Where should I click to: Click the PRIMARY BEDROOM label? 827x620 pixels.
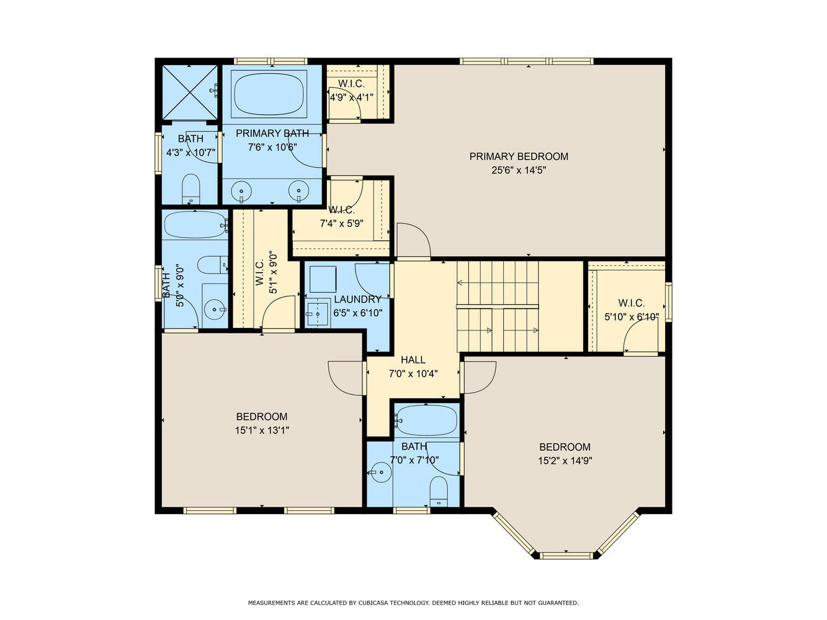point(519,156)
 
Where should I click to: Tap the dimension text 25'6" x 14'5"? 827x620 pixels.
point(519,170)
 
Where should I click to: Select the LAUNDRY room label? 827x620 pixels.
point(357,299)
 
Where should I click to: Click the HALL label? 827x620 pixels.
point(413,360)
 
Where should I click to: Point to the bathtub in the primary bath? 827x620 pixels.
point(269,94)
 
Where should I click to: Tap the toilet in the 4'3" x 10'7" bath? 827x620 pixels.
point(190,189)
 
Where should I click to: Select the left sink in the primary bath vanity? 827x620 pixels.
point(241,191)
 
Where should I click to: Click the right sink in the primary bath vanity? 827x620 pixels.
point(299,191)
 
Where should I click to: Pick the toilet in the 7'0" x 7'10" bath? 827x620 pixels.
point(438,492)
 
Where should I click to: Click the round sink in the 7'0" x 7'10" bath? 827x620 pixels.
point(380,472)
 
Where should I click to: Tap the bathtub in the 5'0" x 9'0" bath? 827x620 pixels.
point(195,224)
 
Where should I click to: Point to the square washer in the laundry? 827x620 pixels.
point(323,279)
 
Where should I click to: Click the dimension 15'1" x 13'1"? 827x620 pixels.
point(262,430)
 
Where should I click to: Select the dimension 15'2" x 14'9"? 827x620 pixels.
point(565,461)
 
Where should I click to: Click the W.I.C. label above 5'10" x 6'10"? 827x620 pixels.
point(632,303)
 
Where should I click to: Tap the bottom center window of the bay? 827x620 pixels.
point(566,556)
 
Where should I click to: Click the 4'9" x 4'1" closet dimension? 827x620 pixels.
point(352,97)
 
